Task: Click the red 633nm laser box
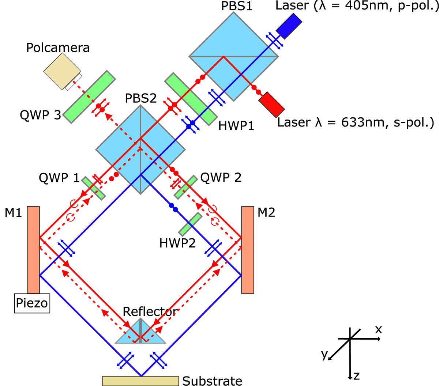[x=271, y=105]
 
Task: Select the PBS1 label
[x=237, y=6]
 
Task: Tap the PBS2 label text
[x=141, y=98]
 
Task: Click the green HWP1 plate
[x=190, y=99]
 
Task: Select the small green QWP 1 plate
[x=93, y=188]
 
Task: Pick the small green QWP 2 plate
[x=185, y=187]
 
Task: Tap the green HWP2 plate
[x=190, y=224]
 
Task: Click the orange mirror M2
[x=247, y=250]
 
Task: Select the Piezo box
[x=32, y=303]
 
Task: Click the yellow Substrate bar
[x=140, y=381]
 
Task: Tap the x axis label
[x=378, y=330]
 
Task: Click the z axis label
[x=356, y=376]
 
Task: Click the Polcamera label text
[x=58, y=48]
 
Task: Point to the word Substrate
[x=212, y=381]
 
